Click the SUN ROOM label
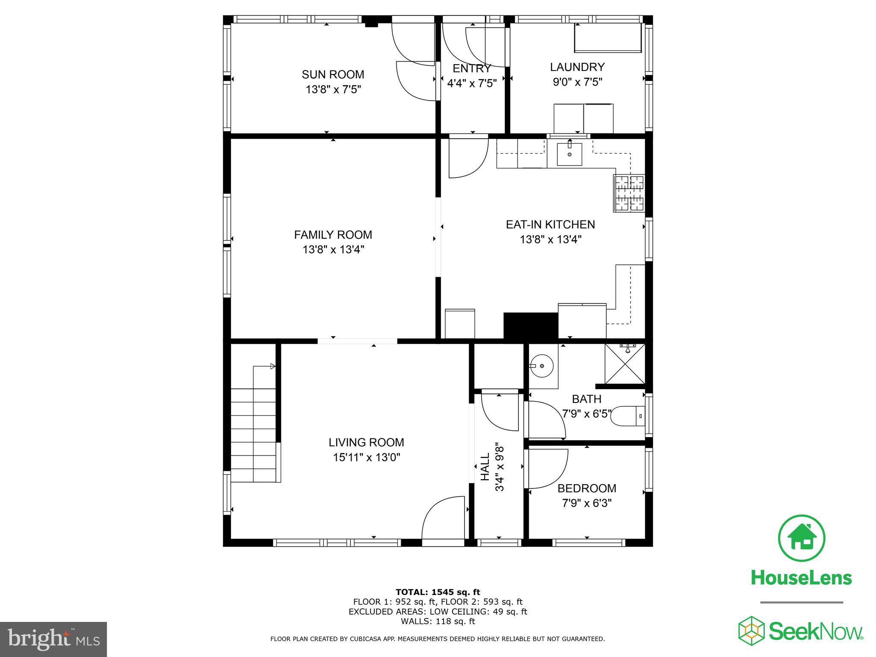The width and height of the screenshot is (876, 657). click(333, 74)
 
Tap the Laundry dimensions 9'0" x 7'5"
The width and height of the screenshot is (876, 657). click(577, 82)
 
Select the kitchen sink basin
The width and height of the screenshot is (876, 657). click(569, 154)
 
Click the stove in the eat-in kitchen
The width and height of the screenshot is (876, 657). click(629, 193)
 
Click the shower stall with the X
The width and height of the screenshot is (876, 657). click(625, 363)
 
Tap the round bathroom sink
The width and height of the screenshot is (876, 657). click(542, 366)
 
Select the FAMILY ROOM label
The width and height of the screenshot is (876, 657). click(333, 235)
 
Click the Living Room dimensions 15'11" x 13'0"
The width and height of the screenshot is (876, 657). click(367, 458)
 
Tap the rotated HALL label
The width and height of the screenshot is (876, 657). click(485, 467)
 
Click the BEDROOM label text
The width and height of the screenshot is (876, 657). click(586, 488)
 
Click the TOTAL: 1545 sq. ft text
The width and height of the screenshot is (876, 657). click(438, 592)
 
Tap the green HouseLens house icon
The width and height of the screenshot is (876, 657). click(801, 539)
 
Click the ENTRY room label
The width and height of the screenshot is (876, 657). click(472, 68)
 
